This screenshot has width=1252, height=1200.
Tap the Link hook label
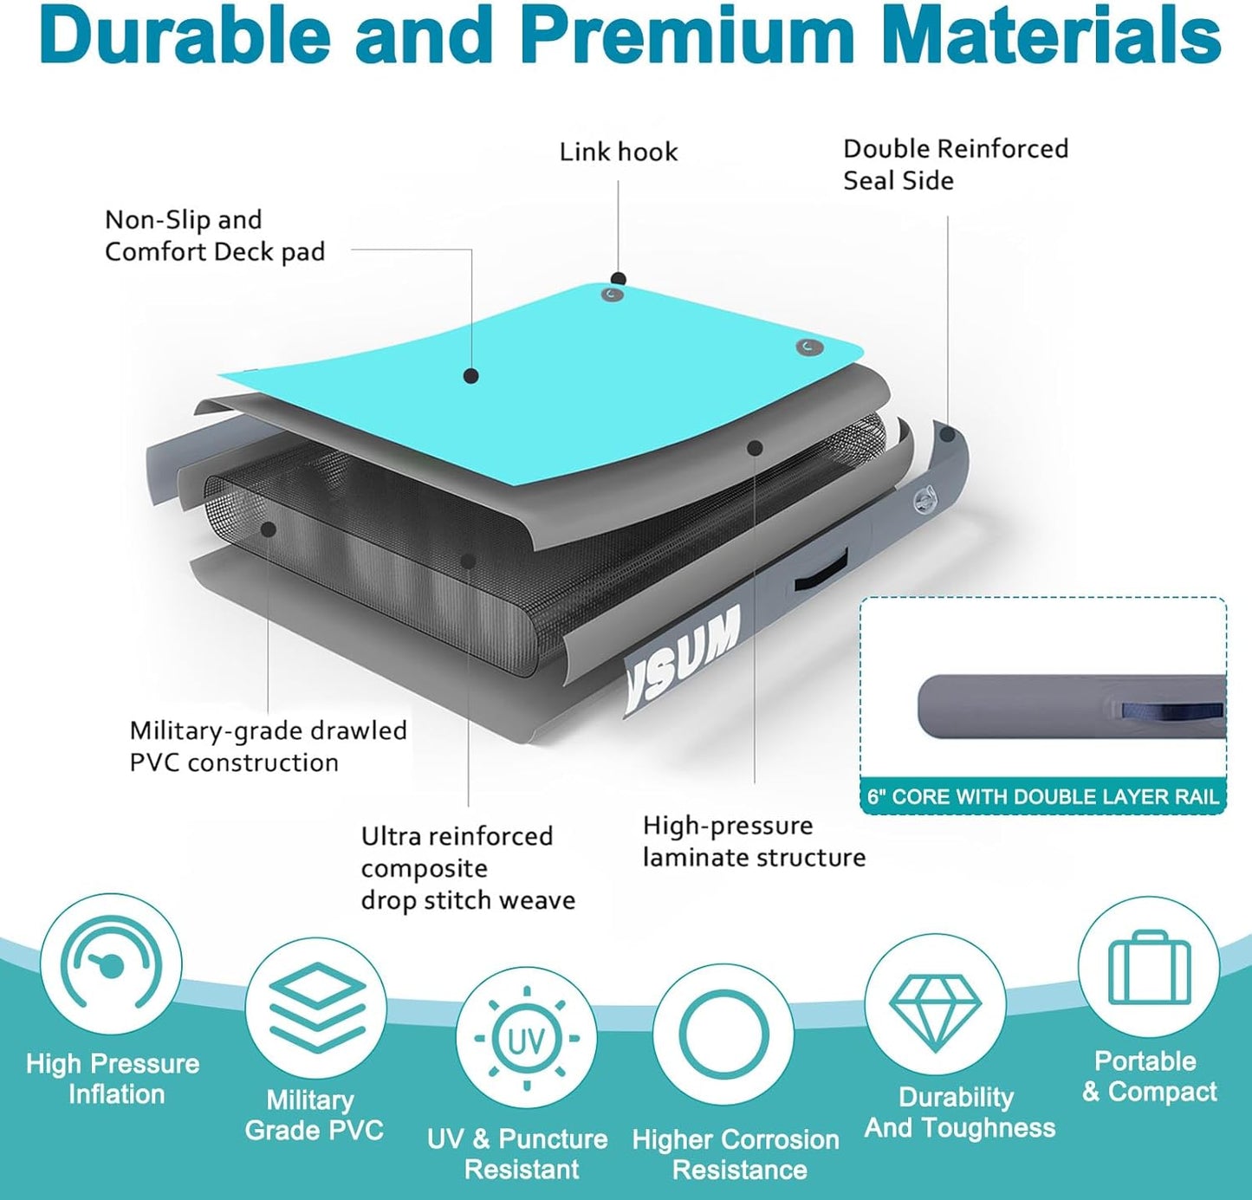pyautogui.click(x=619, y=152)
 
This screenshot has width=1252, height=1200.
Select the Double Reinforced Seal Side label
pyautogui.click(x=956, y=165)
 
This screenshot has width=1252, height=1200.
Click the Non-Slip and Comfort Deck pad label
pyautogui.click(x=215, y=237)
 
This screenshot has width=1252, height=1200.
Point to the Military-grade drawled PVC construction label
pyautogui.click(x=269, y=746)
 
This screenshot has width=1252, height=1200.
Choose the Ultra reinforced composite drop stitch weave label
pyautogui.click(x=468, y=868)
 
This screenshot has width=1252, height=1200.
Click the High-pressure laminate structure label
pyautogui.click(x=754, y=841)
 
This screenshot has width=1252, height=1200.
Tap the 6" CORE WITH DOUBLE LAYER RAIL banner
pyautogui.click(x=1043, y=796)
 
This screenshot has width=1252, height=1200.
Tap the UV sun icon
pyautogui.click(x=526, y=1038)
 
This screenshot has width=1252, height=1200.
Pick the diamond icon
pyautogui.click(x=934, y=1013)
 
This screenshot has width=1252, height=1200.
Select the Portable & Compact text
pyautogui.click(x=1149, y=1076)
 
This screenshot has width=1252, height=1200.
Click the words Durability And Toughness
pyautogui.click(x=959, y=1112)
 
